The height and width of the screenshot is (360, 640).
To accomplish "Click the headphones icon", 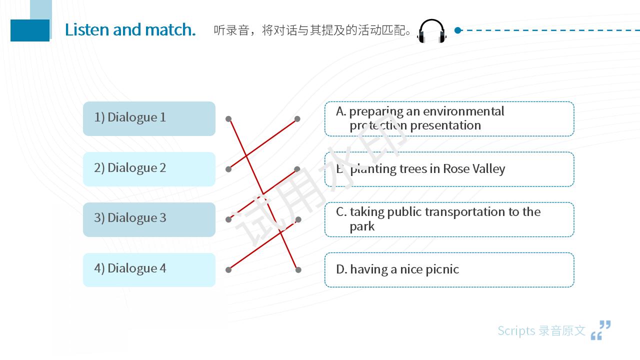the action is click(x=431, y=31).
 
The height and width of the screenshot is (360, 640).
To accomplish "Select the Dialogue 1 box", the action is click(x=149, y=118).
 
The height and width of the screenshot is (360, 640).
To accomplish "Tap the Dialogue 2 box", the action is click(x=149, y=169).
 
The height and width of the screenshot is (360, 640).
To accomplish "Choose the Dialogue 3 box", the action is click(x=149, y=219).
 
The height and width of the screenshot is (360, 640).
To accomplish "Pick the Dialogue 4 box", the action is click(x=149, y=269).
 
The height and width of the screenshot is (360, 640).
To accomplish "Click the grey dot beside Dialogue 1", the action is click(x=228, y=119).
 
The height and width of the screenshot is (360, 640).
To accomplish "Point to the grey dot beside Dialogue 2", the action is click(x=228, y=169).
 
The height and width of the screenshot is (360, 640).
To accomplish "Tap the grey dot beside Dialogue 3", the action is click(x=228, y=219).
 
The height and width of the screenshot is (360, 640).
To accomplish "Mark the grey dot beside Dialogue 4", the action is click(x=228, y=269).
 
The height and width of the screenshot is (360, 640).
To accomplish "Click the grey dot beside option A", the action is click(x=297, y=119).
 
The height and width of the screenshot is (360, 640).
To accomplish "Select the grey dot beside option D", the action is click(x=298, y=269).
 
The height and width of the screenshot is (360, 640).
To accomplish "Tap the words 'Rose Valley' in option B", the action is click(x=474, y=169).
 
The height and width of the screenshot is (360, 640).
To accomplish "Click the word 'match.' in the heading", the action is click(x=170, y=29).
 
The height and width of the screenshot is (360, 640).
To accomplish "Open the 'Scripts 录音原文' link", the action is click(x=541, y=331).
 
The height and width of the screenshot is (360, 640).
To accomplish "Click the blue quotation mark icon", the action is click(x=600, y=330).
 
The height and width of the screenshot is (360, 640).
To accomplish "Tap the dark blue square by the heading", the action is click(x=30, y=30).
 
